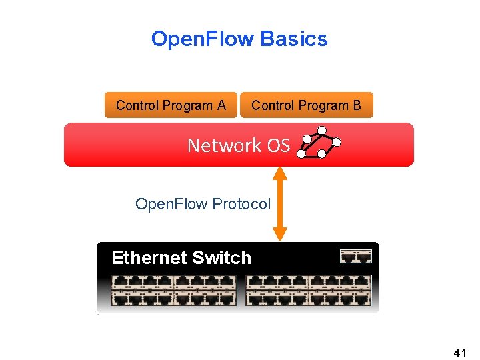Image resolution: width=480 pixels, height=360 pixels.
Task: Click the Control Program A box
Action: click(171, 105)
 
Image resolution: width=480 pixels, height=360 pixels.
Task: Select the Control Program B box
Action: click(306, 105)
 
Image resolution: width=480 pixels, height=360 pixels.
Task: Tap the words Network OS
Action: click(238, 145)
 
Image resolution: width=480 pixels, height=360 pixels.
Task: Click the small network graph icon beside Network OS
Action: click(319, 143)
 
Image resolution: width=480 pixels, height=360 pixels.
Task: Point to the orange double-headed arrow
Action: click(280, 203)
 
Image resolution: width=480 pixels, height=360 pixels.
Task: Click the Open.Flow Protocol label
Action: click(203, 204)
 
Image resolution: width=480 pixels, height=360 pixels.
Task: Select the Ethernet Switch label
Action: click(181, 258)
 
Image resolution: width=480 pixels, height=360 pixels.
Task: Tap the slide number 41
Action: click(459, 351)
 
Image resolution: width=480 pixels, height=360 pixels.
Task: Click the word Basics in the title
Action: click(294, 39)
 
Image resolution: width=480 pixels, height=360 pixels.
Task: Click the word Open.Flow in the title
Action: click(203, 39)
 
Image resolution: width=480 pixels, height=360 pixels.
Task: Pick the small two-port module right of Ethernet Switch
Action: click(355, 257)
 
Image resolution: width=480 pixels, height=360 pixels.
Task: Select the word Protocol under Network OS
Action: click(241, 204)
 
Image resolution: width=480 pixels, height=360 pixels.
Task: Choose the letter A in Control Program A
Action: click(221, 105)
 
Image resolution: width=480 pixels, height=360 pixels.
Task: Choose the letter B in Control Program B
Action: click(357, 105)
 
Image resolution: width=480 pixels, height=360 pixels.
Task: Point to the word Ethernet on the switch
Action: click(149, 258)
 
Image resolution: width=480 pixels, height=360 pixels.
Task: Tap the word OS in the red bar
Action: click(277, 145)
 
